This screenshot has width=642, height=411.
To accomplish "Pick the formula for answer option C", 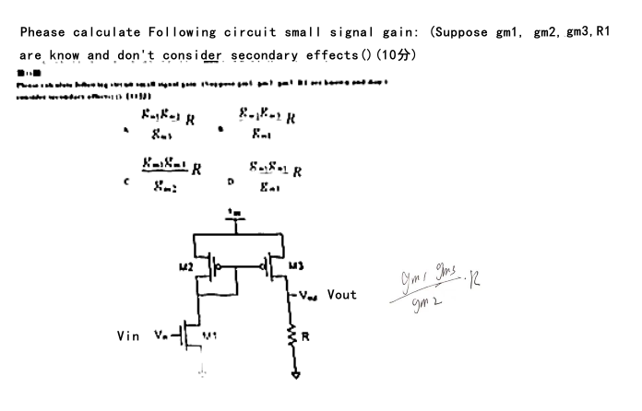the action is (x=172, y=173).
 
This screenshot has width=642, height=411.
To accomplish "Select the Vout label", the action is (x=342, y=296).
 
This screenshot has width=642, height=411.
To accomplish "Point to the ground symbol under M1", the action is (x=202, y=374).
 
